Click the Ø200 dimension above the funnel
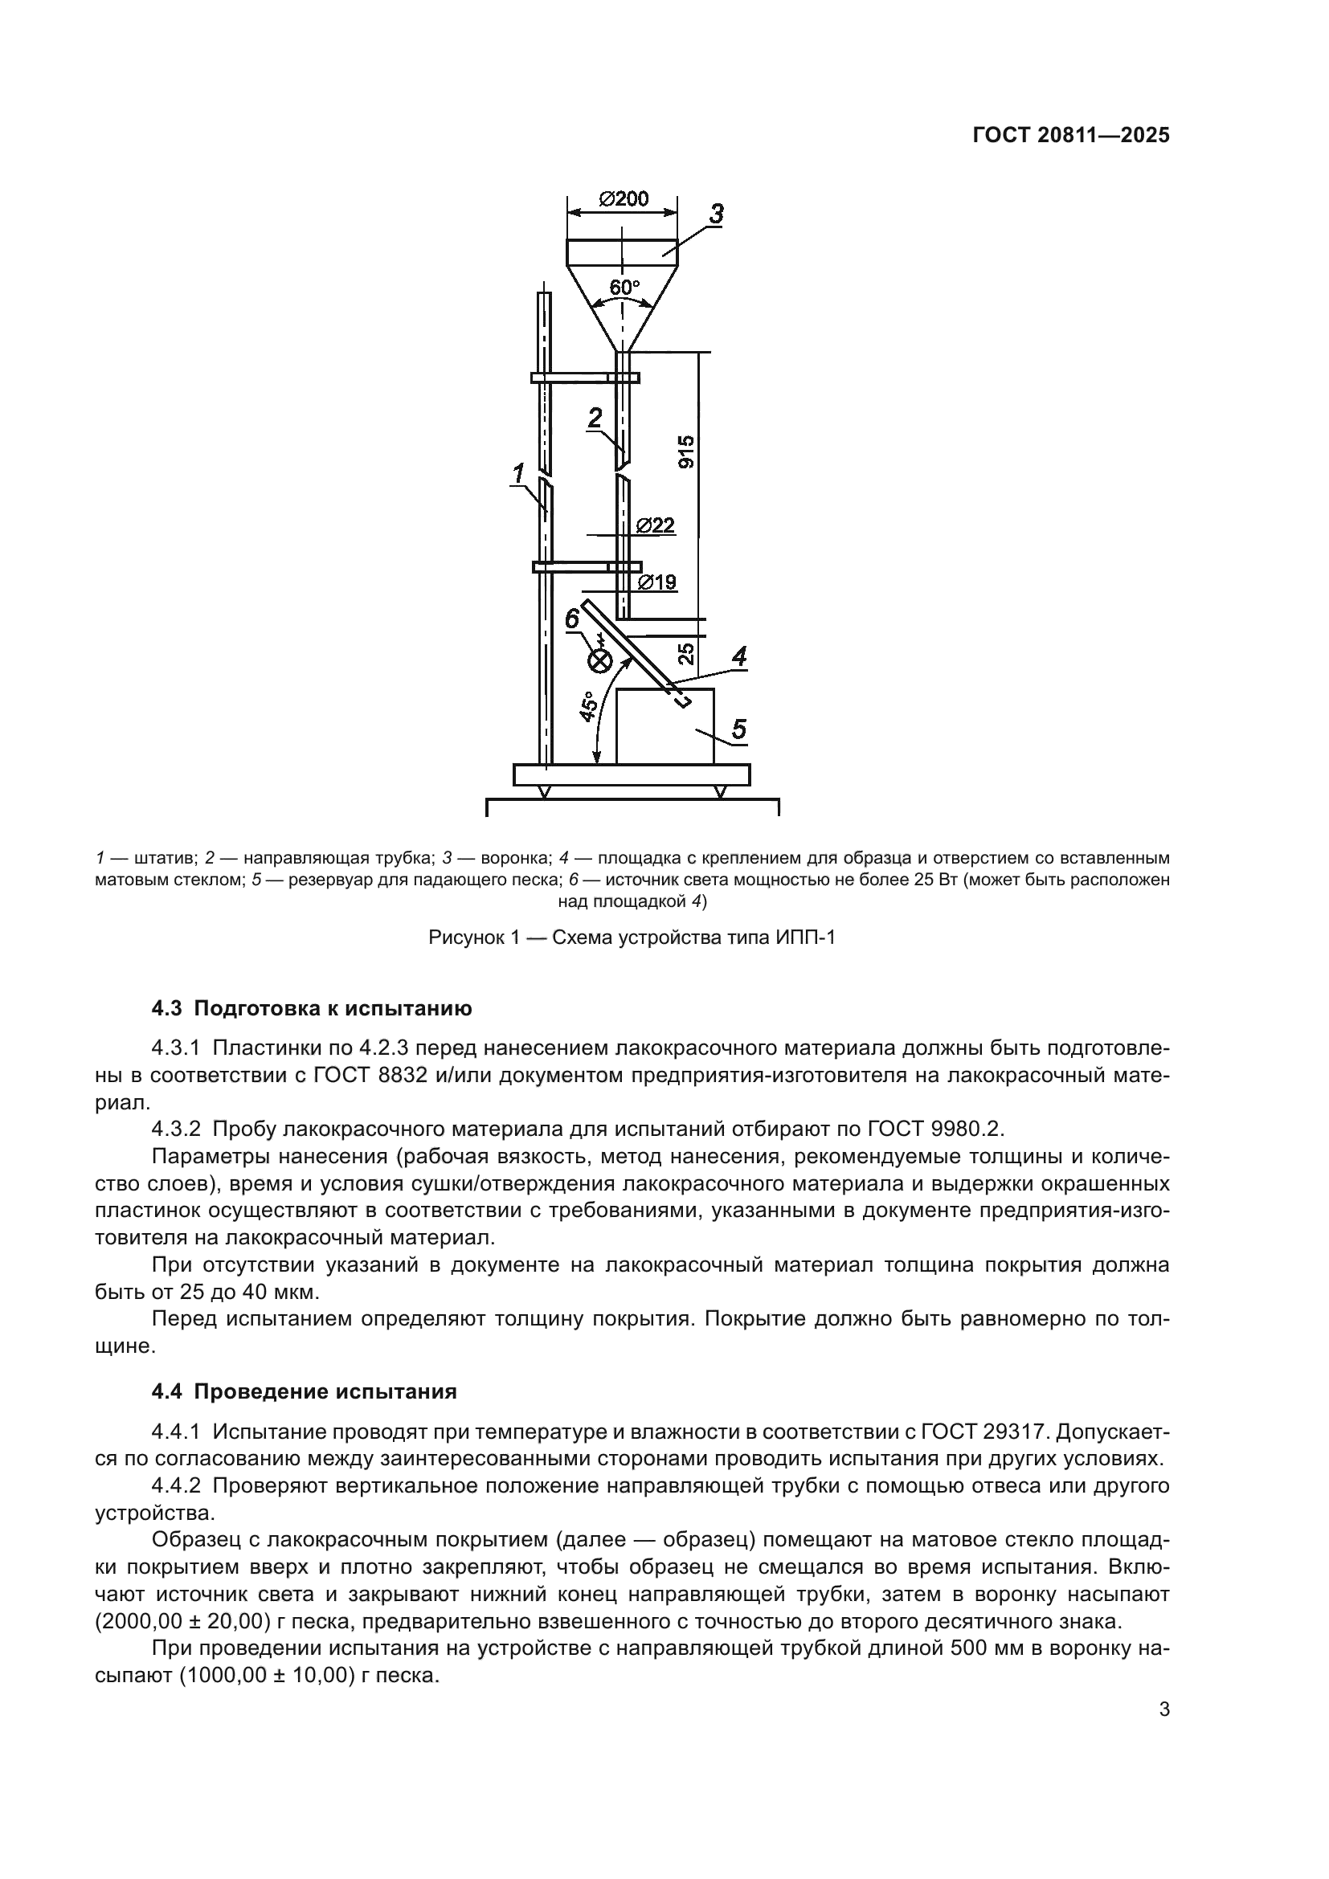pos(623,199)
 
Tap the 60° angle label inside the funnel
pos(624,288)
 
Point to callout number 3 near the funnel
pos(715,214)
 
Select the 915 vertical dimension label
pos(686,451)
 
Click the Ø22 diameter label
pos(656,525)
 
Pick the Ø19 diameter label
pos(656,582)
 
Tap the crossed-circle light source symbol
pos(601,659)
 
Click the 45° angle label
pos(586,706)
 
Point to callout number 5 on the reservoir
pos(738,729)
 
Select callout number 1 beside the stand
pos(518,472)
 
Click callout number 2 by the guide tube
pos(595,418)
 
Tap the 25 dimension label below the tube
pos(686,652)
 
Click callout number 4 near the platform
pos(738,656)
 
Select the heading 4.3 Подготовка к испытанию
pos(312,1008)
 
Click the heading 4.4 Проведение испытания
pos(304,1391)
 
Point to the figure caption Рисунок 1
pos(631,937)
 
